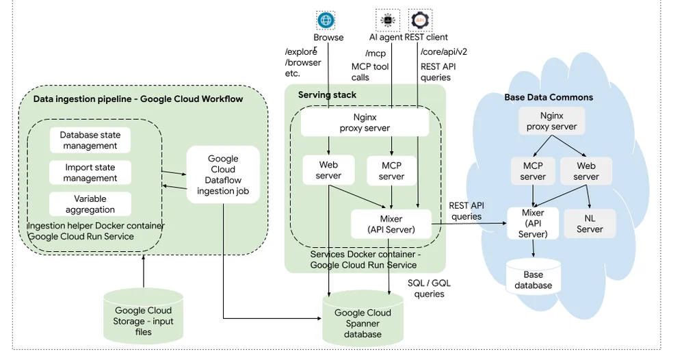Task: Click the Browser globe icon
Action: click(x=326, y=20)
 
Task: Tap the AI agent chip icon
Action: click(x=387, y=20)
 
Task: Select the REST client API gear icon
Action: click(x=420, y=20)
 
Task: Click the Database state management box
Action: click(x=90, y=140)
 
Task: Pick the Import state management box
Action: click(x=90, y=172)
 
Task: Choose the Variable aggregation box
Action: click(x=90, y=204)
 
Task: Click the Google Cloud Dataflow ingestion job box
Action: click(x=223, y=175)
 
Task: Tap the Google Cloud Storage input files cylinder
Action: click(x=143, y=316)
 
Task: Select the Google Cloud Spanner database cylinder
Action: click(x=363, y=318)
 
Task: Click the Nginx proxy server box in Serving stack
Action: click(x=365, y=123)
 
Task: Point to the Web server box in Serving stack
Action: click(x=328, y=170)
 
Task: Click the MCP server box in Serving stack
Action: click(x=391, y=171)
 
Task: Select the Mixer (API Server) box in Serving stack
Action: click(x=391, y=224)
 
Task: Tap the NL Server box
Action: click(x=590, y=223)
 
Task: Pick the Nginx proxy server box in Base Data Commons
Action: click(x=551, y=121)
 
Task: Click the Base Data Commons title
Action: click(x=549, y=97)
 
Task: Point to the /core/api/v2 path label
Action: click(x=444, y=51)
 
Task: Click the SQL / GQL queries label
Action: click(x=430, y=288)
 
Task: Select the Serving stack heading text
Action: click(x=327, y=94)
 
